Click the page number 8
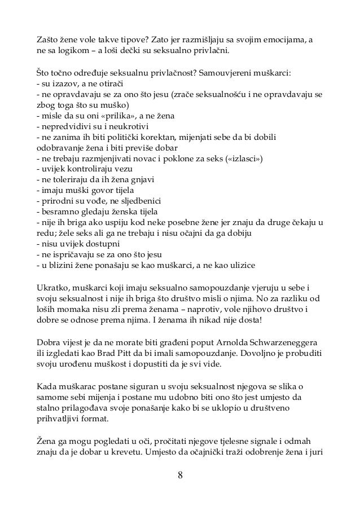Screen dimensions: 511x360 point(180,474)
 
